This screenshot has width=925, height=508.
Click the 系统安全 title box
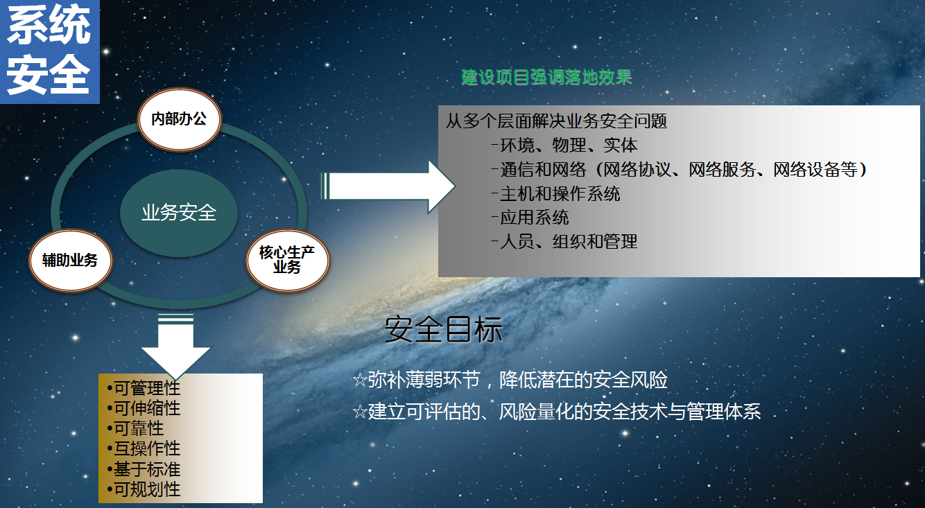click(x=49, y=51)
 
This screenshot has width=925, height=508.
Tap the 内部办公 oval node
click(x=179, y=119)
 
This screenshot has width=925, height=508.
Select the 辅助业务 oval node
click(x=71, y=261)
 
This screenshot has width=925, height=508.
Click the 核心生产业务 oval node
click(x=287, y=261)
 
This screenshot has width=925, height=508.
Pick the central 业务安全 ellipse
click(x=179, y=213)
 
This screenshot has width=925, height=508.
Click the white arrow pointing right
click(x=388, y=186)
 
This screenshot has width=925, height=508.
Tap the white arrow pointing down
click(x=176, y=346)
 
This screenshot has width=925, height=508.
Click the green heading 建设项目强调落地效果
click(x=546, y=77)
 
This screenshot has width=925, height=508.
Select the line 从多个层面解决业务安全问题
click(x=556, y=121)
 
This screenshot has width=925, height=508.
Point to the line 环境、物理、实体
click(x=564, y=146)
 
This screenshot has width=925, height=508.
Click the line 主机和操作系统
click(x=556, y=194)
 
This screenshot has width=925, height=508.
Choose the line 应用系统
click(x=530, y=218)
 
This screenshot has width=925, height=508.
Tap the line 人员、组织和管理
click(x=564, y=242)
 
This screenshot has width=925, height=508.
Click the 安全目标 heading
click(x=444, y=329)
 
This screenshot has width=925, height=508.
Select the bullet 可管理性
click(x=144, y=388)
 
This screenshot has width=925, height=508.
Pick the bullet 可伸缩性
click(x=144, y=408)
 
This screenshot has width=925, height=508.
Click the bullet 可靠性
click(x=135, y=428)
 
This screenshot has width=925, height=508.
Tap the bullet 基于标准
click(x=144, y=469)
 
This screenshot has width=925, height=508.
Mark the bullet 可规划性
click(x=144, y=489)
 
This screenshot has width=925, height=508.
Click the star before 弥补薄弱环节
click(x=360, y=380)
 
